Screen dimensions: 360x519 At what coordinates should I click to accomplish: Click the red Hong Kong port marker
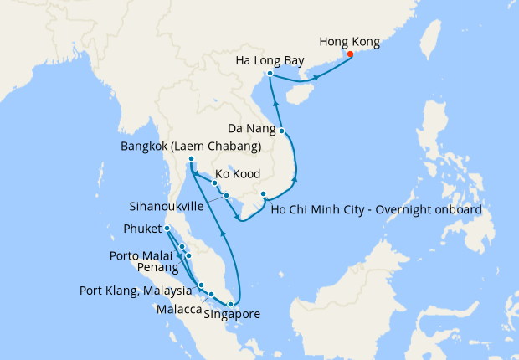(x=350, y=55)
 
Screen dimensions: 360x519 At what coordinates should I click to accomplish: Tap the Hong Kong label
(x=350, y=41)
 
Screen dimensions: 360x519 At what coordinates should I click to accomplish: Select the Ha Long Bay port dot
(x=270, y=74)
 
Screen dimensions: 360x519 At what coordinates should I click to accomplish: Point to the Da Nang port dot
(x=283, y=131)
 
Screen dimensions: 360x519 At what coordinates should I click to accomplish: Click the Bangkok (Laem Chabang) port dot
(x=191, y=159)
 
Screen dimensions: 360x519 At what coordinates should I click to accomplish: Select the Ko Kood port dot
(x=215, y=183)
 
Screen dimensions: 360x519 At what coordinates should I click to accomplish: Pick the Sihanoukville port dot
(x=226, y=196)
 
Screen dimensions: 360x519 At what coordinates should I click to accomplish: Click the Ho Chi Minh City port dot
(x=263, y=195)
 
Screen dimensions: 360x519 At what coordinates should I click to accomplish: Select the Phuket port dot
(x=167, y=228)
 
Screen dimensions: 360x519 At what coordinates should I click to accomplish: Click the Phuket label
(x=141, y=228)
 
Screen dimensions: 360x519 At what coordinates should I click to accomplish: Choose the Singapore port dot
(x=231, y=304)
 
